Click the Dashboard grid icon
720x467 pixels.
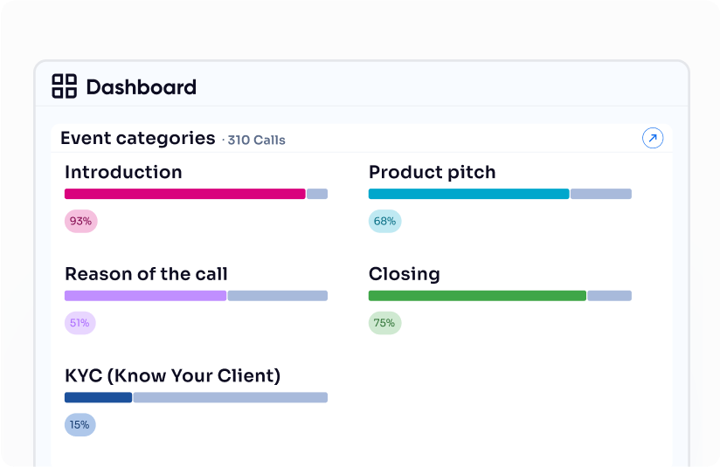[65, 86]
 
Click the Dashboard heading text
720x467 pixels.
[141, 87]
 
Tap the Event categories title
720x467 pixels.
[137, 138]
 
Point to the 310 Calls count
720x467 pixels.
[256, 140]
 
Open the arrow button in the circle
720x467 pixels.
[653, 138]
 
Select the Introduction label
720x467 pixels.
[123, 172]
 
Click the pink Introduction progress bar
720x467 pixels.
[184, 194]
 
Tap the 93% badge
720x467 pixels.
[80, 222]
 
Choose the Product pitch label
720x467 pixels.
[432, 172]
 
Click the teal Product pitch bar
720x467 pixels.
[468, 194]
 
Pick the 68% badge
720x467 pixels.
[384, 222]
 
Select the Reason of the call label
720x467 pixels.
[146, 274]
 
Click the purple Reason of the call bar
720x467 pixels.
[145, 296]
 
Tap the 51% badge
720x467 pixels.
[80, 323]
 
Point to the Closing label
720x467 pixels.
[404, 274]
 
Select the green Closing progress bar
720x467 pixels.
[477, 296]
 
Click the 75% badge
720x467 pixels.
[384, 323]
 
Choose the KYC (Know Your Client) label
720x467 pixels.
[172, 376]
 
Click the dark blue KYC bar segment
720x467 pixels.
[98, 397]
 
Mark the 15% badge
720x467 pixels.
[80, 425]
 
